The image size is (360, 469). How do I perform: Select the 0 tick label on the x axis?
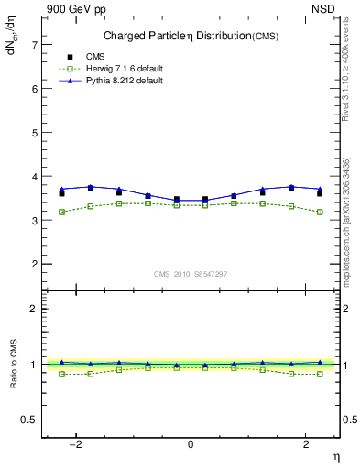191,444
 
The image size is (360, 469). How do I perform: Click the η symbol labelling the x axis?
334,455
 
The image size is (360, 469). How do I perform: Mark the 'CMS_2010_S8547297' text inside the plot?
191,274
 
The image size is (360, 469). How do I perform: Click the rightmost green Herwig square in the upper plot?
319,212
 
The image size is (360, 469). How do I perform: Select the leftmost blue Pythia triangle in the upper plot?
61,190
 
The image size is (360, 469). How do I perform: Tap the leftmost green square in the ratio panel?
61,374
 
